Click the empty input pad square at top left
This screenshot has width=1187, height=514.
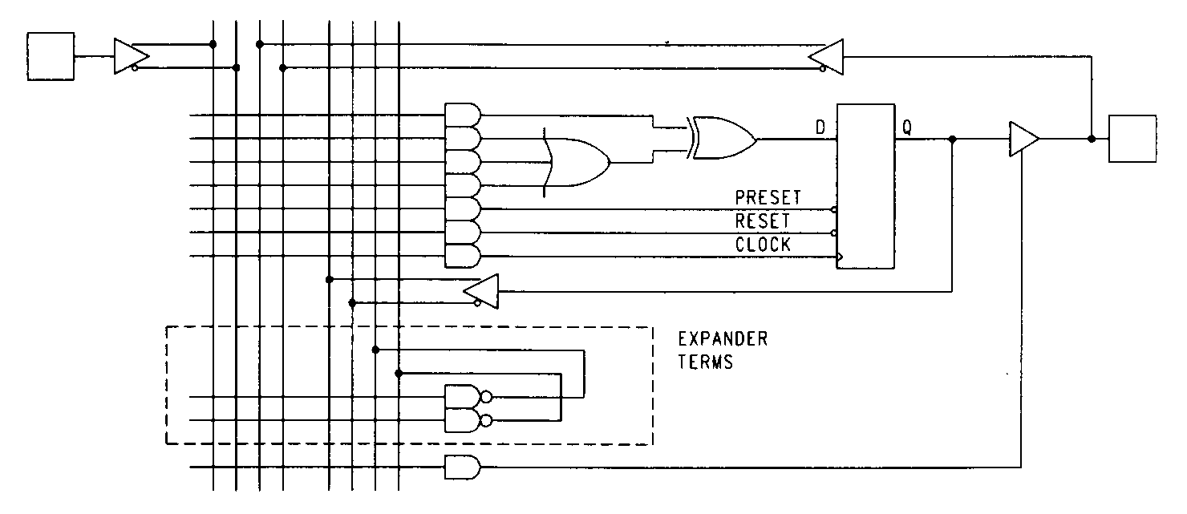tap(51, 56)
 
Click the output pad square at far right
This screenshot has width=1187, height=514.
tap(1132, 139)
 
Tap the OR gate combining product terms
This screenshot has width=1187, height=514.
tap(577, 162)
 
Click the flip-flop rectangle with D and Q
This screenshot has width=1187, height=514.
tap(865, 186)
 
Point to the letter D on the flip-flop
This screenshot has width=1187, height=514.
tap(821, 127)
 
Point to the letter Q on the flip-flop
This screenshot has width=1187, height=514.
tap(907, 127)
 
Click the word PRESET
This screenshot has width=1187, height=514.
tap(768, 197)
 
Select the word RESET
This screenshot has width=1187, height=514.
tap(763, 221)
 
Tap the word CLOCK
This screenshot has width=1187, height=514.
tap(763, 245)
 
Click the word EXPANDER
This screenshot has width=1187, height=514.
tap(723, 339)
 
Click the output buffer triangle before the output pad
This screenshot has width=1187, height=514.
tap(1023, 139)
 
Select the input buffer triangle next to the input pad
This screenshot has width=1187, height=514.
tap(130, 56)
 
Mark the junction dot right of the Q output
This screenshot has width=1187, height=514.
tap(952, 139)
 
